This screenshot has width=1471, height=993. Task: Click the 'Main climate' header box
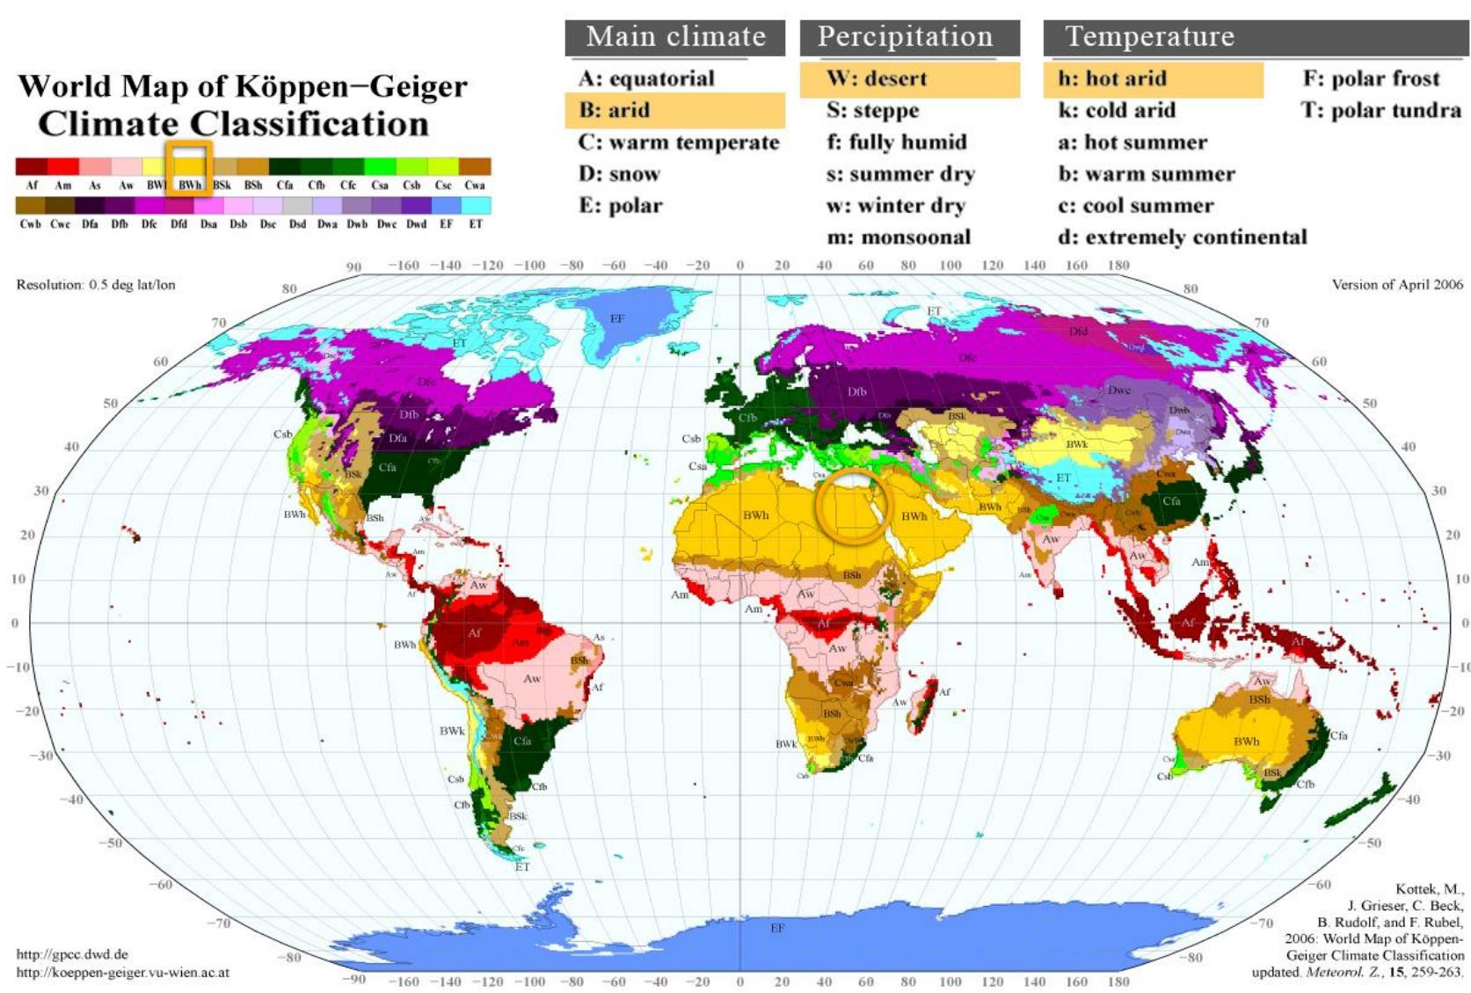(x=674, y=37)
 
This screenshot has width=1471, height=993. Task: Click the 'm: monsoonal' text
(x=899, y=237)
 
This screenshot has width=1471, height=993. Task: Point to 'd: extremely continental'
(x=1182, y=237)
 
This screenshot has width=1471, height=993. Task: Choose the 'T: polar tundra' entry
(x=1380, y=111)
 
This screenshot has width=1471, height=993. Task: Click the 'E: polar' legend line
(x=620, y=206)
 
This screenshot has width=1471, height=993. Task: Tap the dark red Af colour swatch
(x=31, y=167)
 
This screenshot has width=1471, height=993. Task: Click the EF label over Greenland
(x=617, y=318)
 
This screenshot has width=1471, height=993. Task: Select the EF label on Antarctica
(x=777, y=928)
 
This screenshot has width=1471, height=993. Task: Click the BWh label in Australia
(x=1246, y=741)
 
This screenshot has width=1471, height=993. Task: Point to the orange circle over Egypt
(x=853, y=507)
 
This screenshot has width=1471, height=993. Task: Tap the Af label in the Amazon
(x=475, y=632)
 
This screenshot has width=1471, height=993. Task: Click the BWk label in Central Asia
(x=1077, y=444)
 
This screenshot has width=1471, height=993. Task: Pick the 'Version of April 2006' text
(x=1397, y=284)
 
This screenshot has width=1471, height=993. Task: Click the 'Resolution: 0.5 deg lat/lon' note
(x=96, y=285)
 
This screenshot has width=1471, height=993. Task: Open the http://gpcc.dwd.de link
(x=72, y=954)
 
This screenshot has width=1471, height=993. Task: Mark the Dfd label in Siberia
(x=1078, y=332)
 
